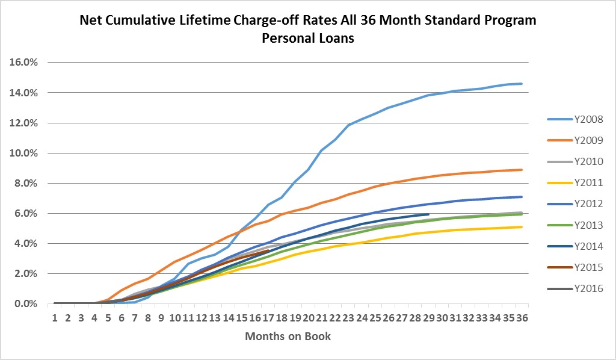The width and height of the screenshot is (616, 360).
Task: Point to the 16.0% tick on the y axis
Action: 23,63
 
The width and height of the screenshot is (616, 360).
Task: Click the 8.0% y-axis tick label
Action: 25,183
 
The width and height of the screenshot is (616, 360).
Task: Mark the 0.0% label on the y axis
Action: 25,303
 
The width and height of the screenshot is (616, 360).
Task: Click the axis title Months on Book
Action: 288,336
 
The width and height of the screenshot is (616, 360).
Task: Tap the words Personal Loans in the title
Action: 308,39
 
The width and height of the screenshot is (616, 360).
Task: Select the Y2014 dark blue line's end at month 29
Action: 428,214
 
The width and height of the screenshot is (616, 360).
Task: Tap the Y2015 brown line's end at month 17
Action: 268,250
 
